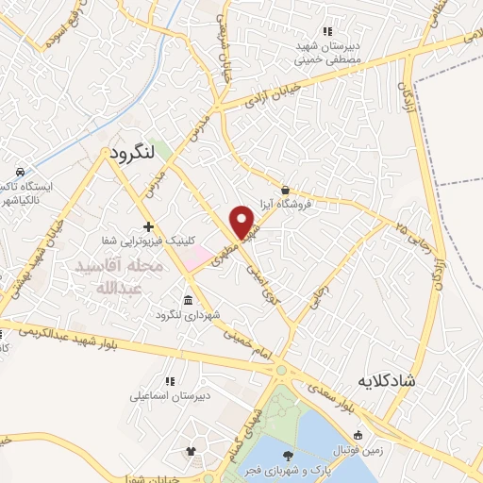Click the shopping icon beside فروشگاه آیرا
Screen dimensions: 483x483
(285, 189)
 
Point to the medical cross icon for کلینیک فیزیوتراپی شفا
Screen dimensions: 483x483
(148, 226)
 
